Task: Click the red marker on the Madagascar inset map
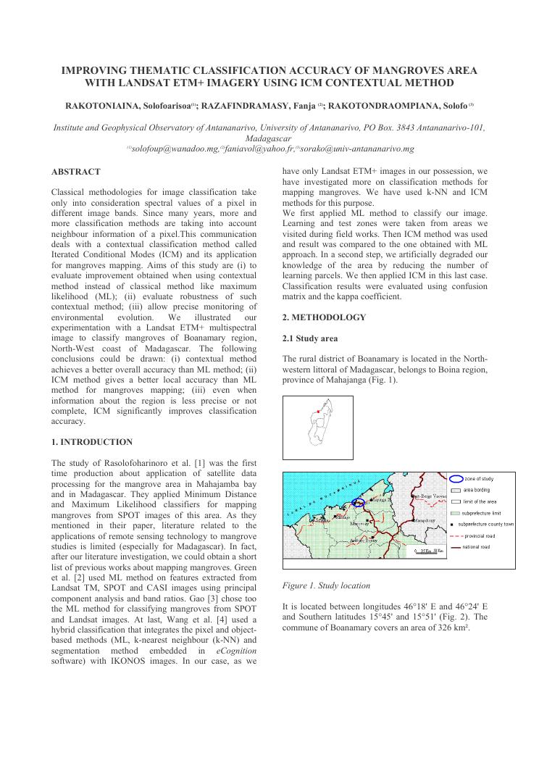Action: pos(317,412)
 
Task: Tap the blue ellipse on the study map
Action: pos(359,501)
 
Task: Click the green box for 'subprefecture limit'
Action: pos(455,512)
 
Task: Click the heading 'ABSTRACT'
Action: pos(76,172)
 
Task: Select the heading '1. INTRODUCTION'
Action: pos(92,442)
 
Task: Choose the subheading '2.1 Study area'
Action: pos(309,338)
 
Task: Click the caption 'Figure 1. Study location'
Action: pos(326,585)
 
